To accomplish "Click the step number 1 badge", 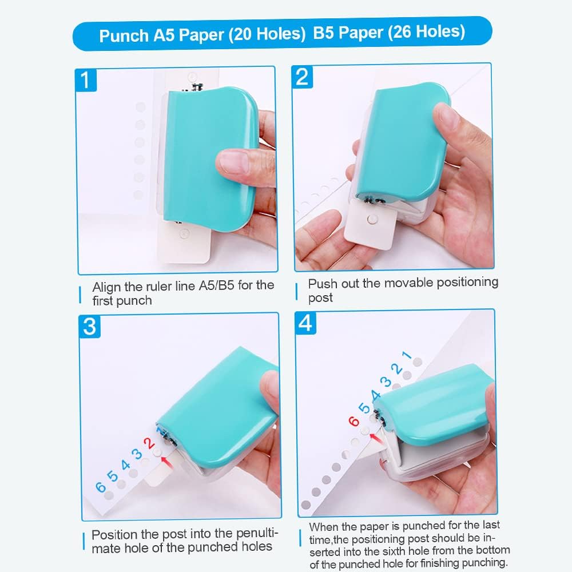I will coord(86,80).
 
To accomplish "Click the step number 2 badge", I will coord(303,77).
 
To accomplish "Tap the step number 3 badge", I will coord(89,326).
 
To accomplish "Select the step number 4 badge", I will coord(305,323).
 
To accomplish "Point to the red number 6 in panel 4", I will coord(354,422).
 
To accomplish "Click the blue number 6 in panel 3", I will coord(101,487).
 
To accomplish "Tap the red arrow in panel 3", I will coord(166,460).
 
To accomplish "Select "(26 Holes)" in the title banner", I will coord(427,33).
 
